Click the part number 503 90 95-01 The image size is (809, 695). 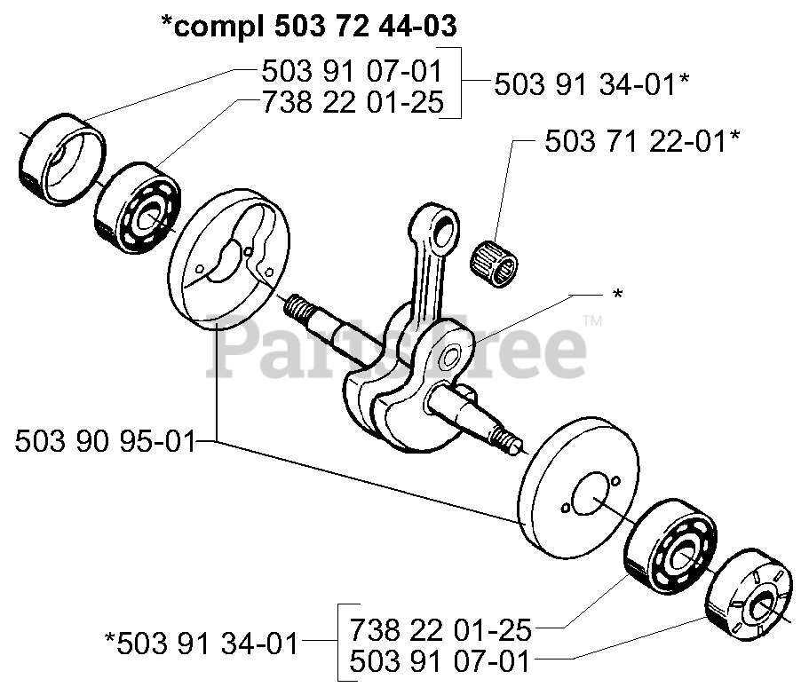(105, 440)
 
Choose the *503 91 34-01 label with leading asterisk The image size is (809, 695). (202, 642)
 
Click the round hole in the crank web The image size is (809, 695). (449, 358)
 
